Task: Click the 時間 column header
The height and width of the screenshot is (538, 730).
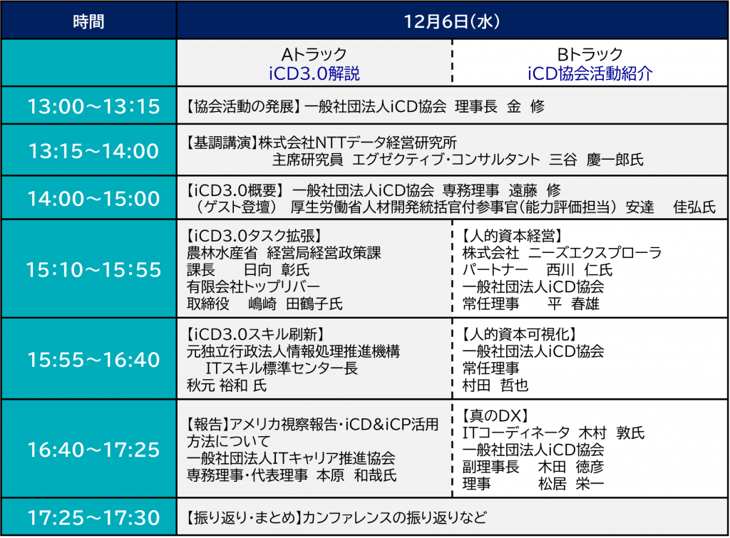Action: click(88, 21)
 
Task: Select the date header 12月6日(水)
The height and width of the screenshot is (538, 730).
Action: click(451, 21)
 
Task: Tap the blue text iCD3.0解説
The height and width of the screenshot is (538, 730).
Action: click(314, 73)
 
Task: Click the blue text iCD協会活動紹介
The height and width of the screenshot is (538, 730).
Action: click(590, 73)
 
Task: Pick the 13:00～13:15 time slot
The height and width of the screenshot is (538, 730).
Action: click(93, 107)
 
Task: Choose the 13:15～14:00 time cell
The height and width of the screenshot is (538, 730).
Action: click(93, 151)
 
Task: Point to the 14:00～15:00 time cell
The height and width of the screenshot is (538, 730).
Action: click(93, 199)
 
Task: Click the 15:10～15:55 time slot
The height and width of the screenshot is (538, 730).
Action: click(93, 270)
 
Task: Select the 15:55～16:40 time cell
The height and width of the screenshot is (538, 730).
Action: click(93, 360)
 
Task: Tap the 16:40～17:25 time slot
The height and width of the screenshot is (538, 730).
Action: click(93, 450)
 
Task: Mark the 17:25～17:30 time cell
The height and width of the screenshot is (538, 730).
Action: click(93, 517)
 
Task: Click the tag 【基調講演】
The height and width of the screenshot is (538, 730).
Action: click(222, 143)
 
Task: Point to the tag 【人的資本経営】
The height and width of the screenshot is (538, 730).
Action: click(512, 236)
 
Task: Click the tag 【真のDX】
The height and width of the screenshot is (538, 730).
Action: click(495, 415)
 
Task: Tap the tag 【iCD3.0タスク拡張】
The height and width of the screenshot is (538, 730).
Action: click(255, 236)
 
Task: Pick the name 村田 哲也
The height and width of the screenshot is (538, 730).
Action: click(495, 386)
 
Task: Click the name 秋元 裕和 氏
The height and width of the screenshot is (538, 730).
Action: click(227, 386)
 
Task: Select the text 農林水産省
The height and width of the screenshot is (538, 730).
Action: click(222, 253)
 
